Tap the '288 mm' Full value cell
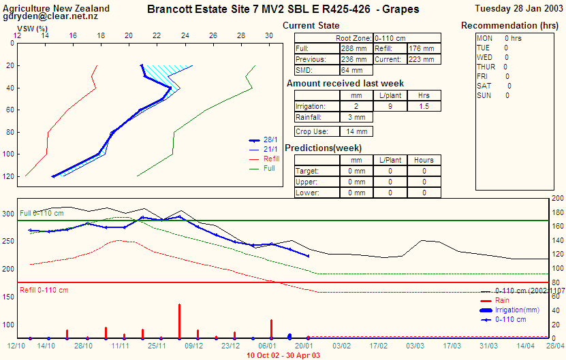pyautogui.click(x=354, y=49)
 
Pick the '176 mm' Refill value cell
pyautogui.click(x=423, y=49)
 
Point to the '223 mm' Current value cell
pyautogui.click(x=423, y=59)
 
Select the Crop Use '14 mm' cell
pyautogui.click(x=356, y=131)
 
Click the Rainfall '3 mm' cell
pyautogui.click(x=356, y=117)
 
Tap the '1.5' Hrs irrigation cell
pyautogui.click(x=424, y=106)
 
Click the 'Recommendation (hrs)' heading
pyautogui.click(x=511, y=26)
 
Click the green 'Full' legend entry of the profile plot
pyautogui.click(x=269, y=168)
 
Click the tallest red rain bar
pyautogui.click(x=179, y=321)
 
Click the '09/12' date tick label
pyautogui.click(x=193, y=346)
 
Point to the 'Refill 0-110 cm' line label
pyautogui.click(x=44, y=291)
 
